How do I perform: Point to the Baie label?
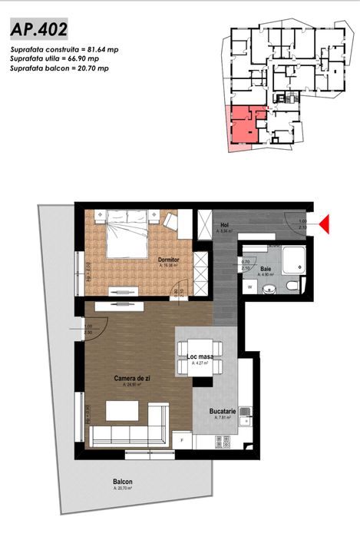tap(265, 269)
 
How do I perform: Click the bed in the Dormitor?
tap(122, 234)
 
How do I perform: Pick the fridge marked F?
tap(181, 440)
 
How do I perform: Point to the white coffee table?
tap(121, 412)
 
